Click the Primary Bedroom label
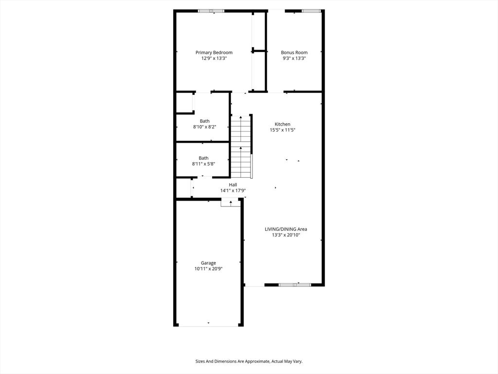coord(214,53)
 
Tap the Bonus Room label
coord(294,53)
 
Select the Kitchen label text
coord(283,124)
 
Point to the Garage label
coord(209,263)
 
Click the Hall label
coord(233,185)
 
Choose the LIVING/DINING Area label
coord(286,229)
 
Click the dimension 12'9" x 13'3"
coord(214,58)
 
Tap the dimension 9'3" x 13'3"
coord(294,58)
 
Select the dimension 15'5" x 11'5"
coord(283,130)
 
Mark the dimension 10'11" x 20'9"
coord(209,269)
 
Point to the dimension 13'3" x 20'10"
coord(286,235)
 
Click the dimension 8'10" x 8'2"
coord(204,127)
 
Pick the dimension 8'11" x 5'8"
coord(203,164)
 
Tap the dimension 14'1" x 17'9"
coord(233,190)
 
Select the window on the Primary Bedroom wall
coord(211,11)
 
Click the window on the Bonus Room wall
coord(311,11)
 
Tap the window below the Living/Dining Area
coord(295,284)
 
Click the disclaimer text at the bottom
coord(249,361)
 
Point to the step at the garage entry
coord(231,203)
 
